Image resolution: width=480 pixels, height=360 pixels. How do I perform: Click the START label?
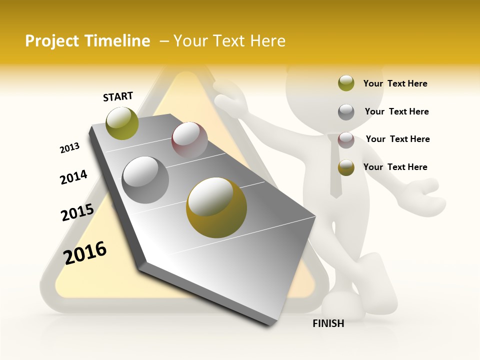coord(118,96)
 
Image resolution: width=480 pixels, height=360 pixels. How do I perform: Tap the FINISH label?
coord(328,323)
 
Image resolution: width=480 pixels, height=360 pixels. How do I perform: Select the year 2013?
coord(70,148)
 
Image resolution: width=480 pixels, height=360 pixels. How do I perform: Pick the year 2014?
coord(73,177)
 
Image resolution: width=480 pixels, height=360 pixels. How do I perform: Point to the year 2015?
coord(77,212)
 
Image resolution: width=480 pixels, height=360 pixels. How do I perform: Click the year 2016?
coord(85,252)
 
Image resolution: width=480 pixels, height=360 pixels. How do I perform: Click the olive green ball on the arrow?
coord(122,123)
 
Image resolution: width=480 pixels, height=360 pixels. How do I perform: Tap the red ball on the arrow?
coord(189,139)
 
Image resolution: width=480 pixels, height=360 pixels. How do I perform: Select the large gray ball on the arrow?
coord(145,180)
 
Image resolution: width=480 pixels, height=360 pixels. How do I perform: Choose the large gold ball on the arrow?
coord(216,207)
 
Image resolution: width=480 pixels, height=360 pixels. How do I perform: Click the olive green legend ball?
coord(346,83)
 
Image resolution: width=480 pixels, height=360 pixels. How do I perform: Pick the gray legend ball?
coord(346,112)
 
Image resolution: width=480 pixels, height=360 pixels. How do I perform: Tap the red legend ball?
coord(346,140)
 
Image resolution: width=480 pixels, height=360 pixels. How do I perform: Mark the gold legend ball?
coord(346,168)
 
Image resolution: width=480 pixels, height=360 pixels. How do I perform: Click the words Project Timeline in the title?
coord(87,41)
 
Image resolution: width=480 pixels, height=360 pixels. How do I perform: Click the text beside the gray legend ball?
coord(396,111)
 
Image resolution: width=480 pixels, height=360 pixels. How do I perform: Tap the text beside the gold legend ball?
coord(395,167)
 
